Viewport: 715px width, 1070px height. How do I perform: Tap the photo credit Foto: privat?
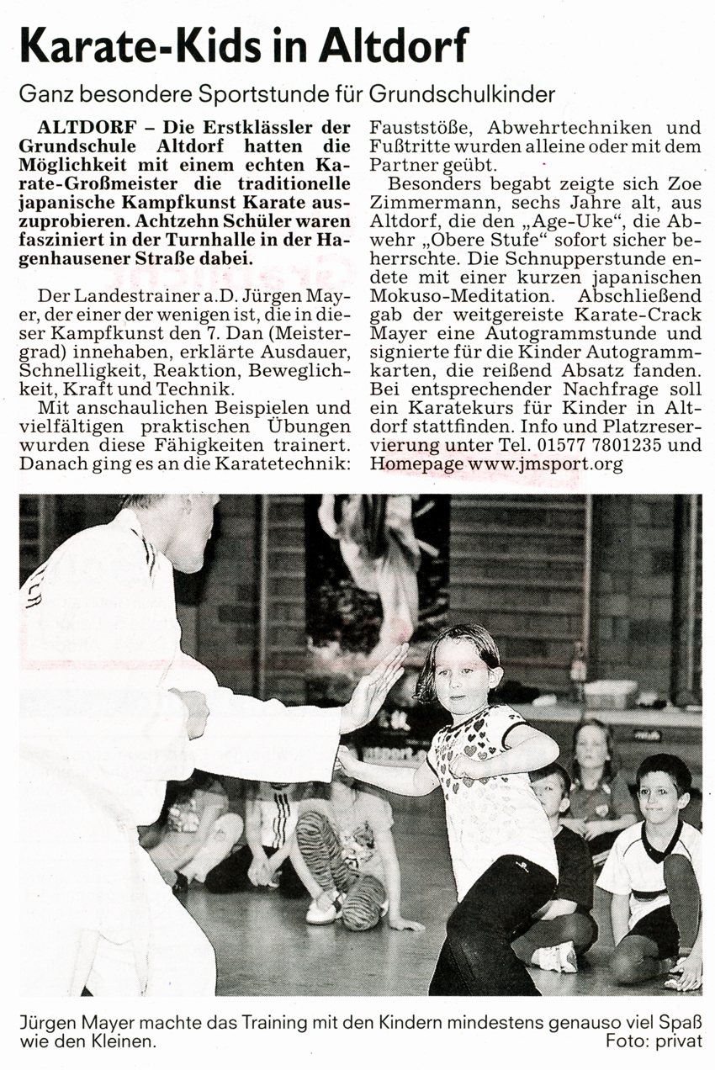click(654, 1041)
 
